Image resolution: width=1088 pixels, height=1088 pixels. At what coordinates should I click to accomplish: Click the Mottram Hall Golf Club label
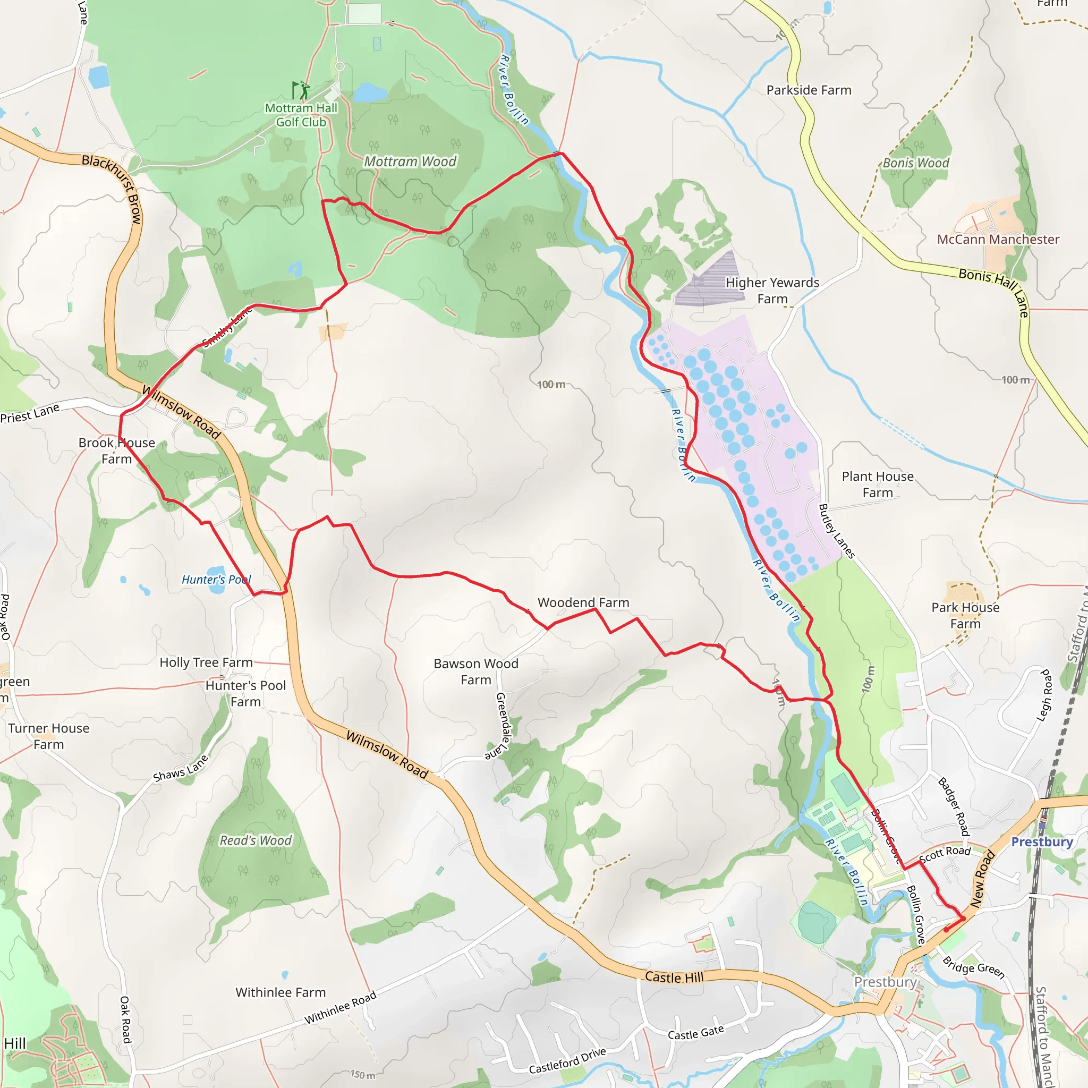(x=301, y=115)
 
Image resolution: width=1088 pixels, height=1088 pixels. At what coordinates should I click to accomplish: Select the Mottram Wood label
(x=410, y=161)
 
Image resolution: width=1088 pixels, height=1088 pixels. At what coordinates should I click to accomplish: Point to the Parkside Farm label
(x=809, y=90)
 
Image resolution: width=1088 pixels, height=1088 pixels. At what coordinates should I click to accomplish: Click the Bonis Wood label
(x=916, y=163)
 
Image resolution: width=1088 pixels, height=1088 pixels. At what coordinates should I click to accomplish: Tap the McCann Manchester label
(x=998, y=240)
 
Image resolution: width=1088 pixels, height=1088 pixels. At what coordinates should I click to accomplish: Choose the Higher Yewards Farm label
(x=772, y=291)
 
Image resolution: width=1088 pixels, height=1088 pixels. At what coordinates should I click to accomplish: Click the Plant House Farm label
(x=878, y=484)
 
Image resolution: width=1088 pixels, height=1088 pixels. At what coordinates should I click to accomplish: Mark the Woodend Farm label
(x=583, y=602)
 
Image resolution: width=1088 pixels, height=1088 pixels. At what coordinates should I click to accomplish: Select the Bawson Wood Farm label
(x=476, y=672)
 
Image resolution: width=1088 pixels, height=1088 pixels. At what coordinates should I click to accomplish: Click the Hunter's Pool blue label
(x=216, y=580)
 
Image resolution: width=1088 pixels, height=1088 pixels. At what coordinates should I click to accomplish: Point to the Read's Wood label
(x=256, y=840)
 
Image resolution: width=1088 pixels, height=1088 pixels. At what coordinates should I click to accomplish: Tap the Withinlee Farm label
(x=280, y=992)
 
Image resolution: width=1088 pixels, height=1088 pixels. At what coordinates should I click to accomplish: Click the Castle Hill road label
(x=674, y=977)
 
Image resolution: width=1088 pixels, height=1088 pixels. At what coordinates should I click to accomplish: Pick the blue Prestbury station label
(x=1042, y=842)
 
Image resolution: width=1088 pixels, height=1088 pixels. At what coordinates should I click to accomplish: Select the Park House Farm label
(x=965, y=616)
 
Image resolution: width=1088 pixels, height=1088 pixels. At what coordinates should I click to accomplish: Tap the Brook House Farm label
(x=116, y=450)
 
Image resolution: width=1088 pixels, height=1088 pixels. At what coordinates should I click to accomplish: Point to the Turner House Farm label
(x=48, y=736)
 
